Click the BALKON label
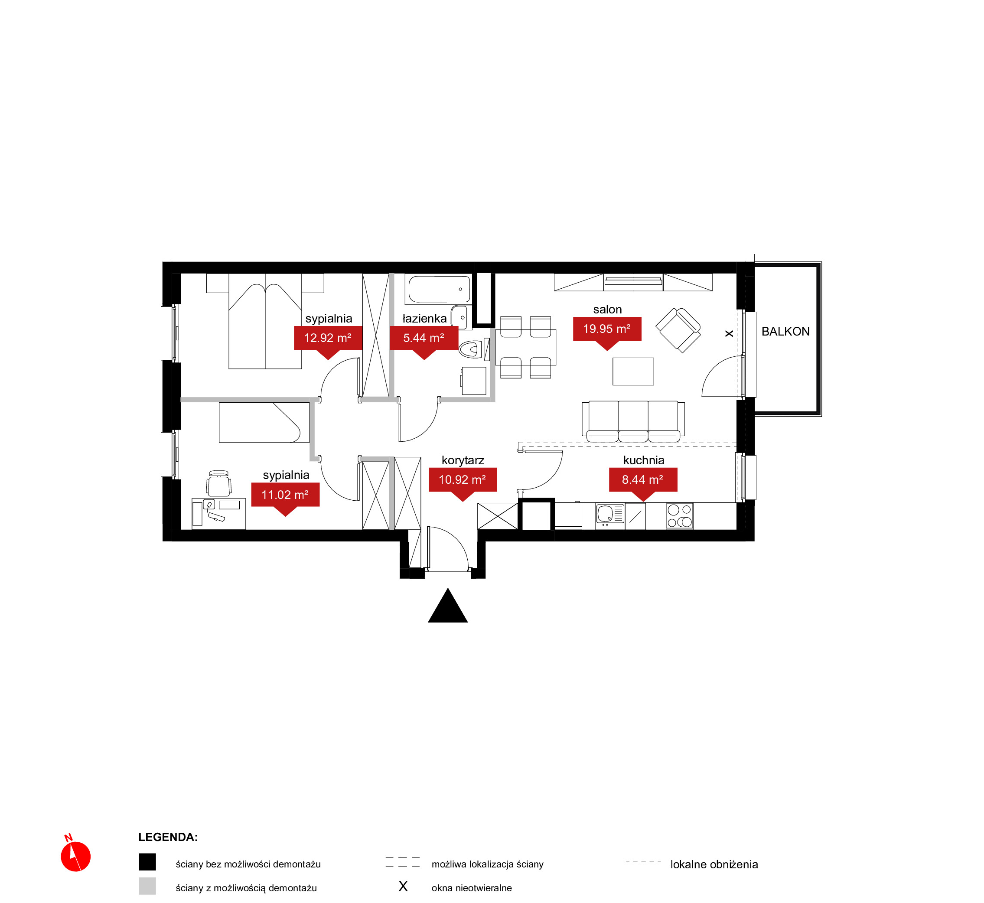[x=785, y=331]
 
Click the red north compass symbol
[x=75, y=855]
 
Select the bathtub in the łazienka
[x=439, y=289]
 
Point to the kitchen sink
[x=610, y=515]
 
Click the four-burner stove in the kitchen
[x=680, y=516]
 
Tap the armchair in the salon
[x=678, y=330]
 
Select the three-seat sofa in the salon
[x=633, y=421]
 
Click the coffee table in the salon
[x=633, y=372]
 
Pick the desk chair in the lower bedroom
[x=218, y=483]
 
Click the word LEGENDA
[x=168, y=837]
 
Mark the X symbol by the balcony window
[x=729, y=334]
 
